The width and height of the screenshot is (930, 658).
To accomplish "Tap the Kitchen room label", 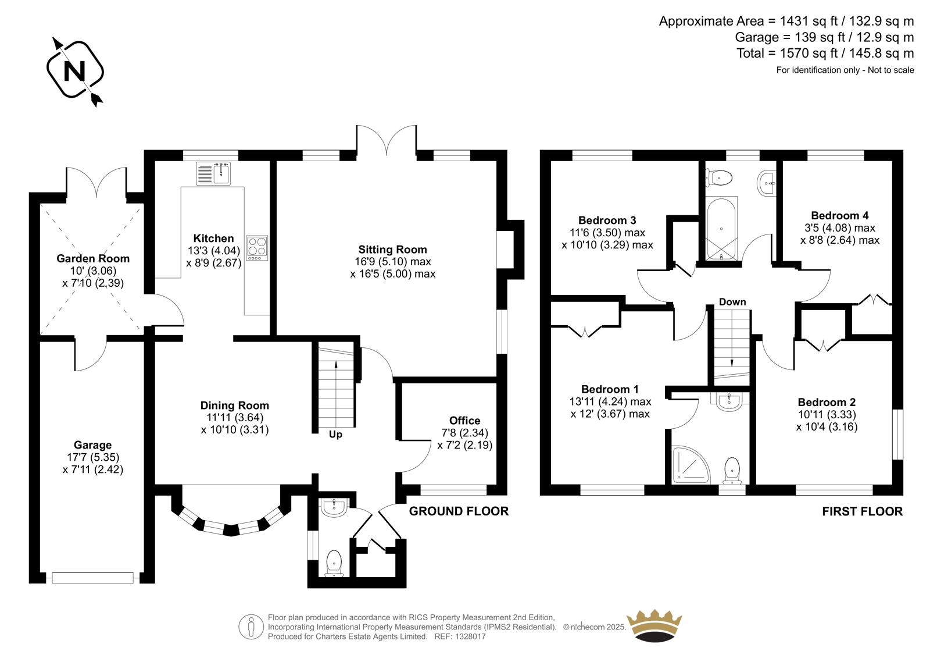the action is click(213, 238).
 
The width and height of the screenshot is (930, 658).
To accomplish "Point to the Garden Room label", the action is click(93, 258).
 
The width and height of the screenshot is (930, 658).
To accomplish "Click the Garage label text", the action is click(92, 445).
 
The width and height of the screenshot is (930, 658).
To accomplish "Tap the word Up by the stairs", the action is click(335, 435).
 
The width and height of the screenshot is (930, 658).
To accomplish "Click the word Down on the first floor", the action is click(732, 302).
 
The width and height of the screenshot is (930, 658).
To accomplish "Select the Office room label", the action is click(464, 421).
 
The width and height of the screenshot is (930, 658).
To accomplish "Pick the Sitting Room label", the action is click(392, 250).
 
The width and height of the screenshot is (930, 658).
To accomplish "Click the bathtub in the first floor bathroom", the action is click(721, 229).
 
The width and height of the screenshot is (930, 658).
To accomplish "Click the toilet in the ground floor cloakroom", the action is click(334, 563).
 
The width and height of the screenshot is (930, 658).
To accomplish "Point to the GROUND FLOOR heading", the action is click(459, 511).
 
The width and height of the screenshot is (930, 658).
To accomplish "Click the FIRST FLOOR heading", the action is click(863, 511).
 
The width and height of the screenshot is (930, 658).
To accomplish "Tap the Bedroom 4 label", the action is click(839, 215).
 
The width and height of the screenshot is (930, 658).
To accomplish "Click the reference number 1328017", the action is click(470, 636).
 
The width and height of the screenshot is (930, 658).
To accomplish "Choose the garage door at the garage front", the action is click(92, 578).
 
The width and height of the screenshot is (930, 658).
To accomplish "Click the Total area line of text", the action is click(825, 53).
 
